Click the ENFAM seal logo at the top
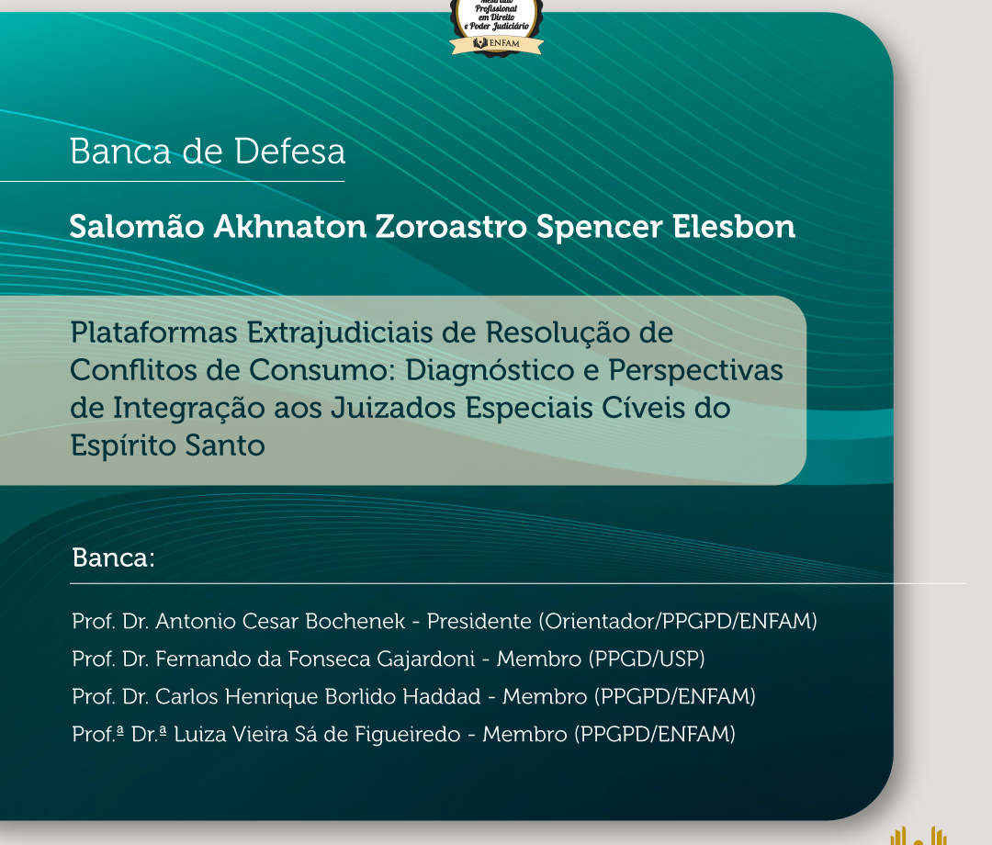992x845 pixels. (x=497, y=28)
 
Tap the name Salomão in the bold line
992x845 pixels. (x=137, y=226)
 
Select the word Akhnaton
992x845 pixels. (x=289, y=227)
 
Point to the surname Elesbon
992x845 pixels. (x=733, y=227)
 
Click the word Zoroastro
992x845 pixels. (x=451, y=227)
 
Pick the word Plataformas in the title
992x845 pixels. (x=153, y=332)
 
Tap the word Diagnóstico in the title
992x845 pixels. (x=490, y=371)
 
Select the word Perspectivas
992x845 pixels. (x=696, y=371)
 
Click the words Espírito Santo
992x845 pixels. (x=168, y=445)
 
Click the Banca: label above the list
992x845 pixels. (x=113, y=558)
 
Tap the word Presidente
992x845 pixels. (x=479, y=621)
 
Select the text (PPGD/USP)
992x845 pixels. (x=647, y=659)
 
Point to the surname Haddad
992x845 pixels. (x=442, y=696)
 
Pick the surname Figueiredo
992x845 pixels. (x=408, y=734)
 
